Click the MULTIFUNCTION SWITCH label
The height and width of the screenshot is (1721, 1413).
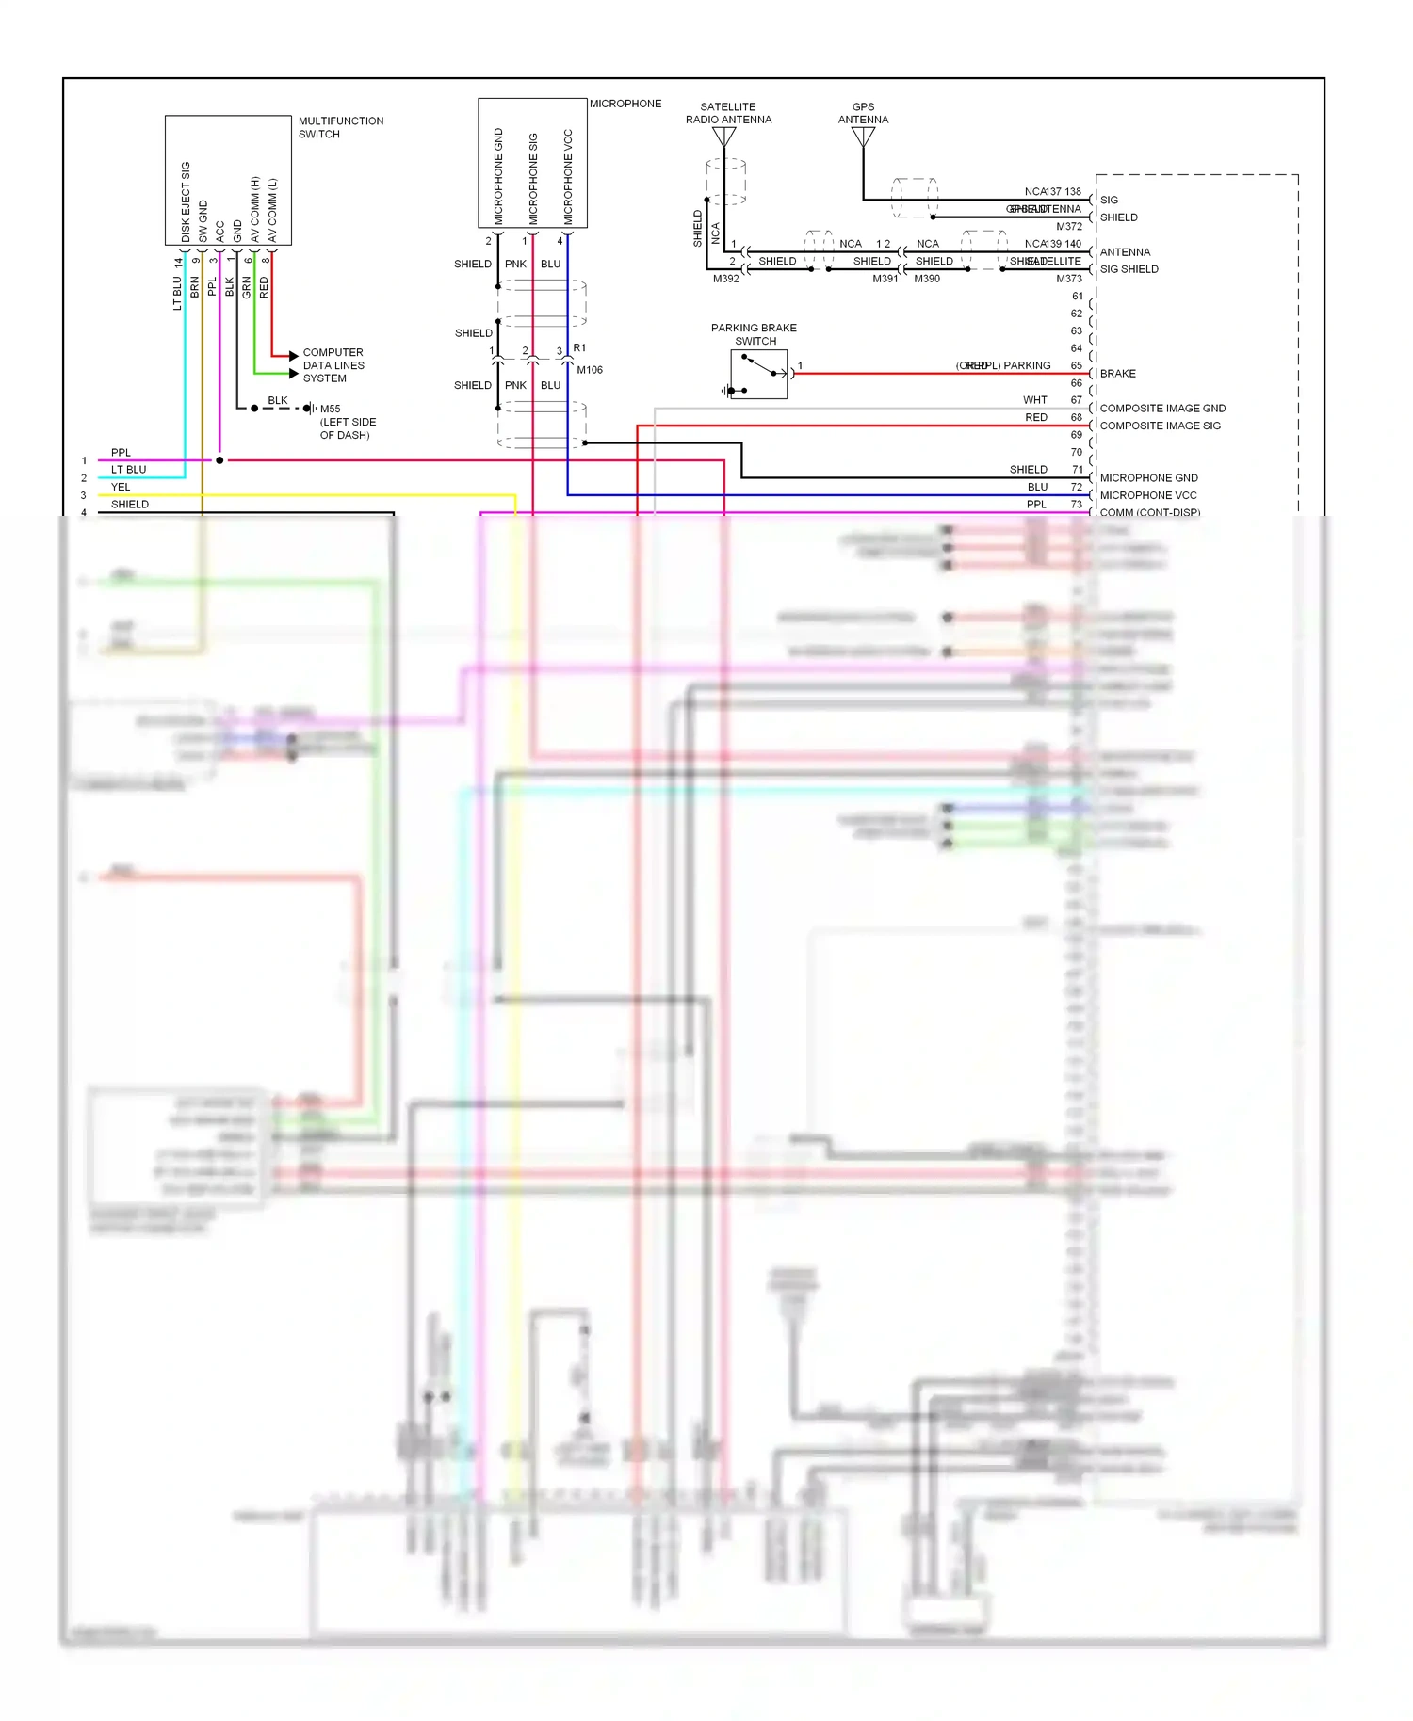pos(340,127)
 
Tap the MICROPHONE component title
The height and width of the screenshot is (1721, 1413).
pos(625,104)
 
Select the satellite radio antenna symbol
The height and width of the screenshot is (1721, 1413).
pos(723,137)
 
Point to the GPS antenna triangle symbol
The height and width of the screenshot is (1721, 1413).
pos(863,137)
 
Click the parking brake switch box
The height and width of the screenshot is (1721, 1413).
pos(758,374)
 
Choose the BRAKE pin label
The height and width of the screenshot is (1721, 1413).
pos(1117,374)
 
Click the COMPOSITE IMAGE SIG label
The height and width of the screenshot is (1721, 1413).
pos(1160,426)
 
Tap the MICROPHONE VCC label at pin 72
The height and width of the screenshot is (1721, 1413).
pos(1147,495)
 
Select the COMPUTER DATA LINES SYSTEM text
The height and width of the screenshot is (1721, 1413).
pos(333,365)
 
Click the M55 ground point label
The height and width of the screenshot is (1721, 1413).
pos(330,409)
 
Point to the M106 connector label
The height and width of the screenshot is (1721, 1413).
pos(590,370)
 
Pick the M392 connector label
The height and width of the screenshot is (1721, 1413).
pos(725,279)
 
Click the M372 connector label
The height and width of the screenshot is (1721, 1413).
pos(1069,226)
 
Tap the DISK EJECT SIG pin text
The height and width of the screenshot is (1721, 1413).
pos(186,201)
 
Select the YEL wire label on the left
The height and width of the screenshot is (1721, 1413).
pos(121,487)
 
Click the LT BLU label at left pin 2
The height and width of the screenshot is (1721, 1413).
pos(128,470)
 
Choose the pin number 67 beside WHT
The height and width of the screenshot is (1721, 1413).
pos(1076,400)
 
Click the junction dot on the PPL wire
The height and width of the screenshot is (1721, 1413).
pos(219,460)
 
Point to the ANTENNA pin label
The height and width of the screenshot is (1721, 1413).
pos(1125,252)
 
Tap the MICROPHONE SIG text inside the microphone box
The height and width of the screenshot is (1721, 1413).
pos(533,178)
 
